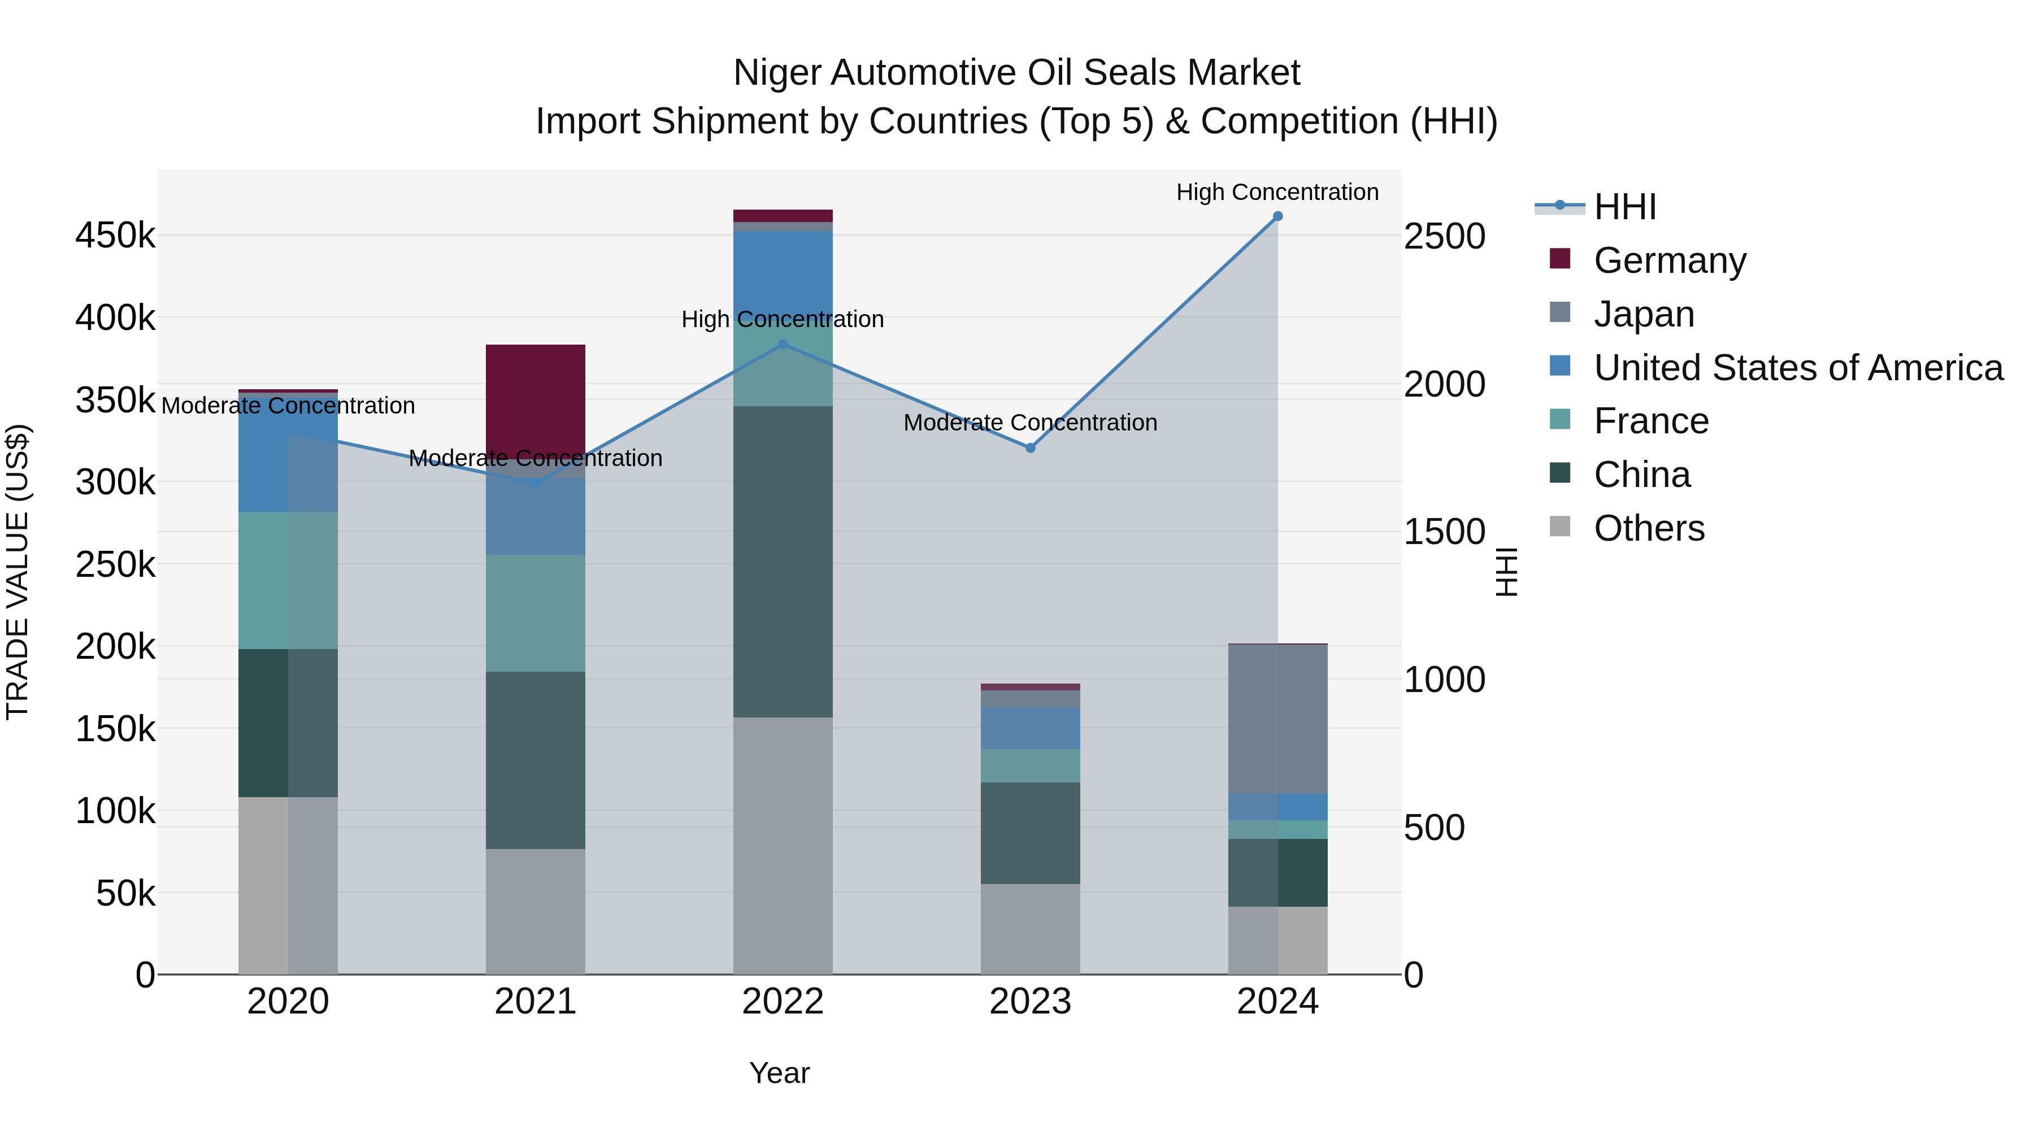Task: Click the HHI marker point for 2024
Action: (1277, 216)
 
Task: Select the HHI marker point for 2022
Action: (783, 344)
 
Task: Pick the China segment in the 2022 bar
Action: (783, 562)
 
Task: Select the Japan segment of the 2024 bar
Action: (1277, 719)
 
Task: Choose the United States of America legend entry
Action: (1798, 368)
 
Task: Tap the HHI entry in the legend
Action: (1624, 207)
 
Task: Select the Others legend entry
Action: (1649, 528)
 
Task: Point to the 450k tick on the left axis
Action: (115, 235)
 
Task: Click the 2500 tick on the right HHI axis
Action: (1444, 236)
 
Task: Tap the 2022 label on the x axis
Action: (783, 1002)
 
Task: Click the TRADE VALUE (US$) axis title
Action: (18, 572)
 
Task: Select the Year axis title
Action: (779, 1073)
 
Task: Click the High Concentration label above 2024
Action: (1277, 192)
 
